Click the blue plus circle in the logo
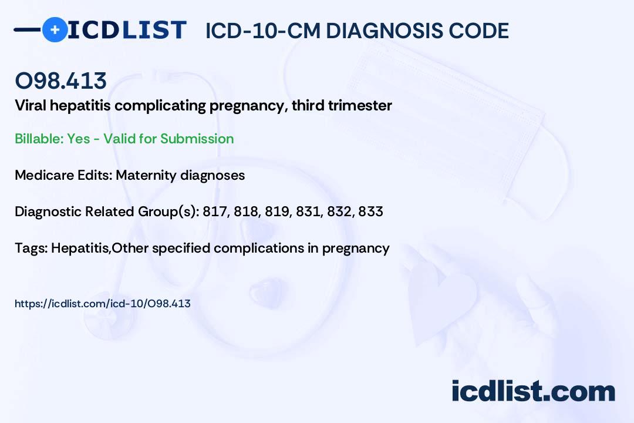point(55,29)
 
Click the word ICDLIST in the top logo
point(127,30)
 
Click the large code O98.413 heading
point(60,80)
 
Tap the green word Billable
point(39,139)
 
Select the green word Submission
point(197,139)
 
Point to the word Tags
point(32,248)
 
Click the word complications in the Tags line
point(259,248)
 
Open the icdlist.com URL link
point(102,304)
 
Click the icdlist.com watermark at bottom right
point(533,391)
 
